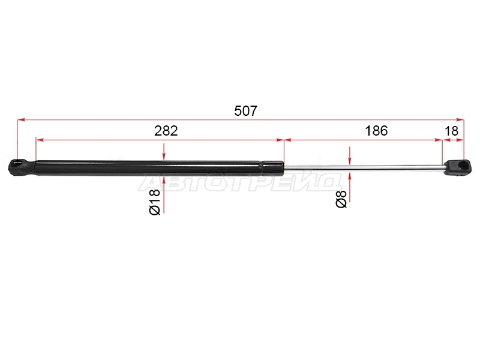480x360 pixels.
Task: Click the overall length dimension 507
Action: (x=246, y=111)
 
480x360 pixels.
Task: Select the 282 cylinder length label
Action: (x=166, y=131)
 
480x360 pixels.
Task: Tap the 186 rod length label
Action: (x=376, y=131)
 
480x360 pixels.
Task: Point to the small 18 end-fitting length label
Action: (x=451, y=131)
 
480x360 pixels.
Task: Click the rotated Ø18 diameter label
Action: (x=155, y=202)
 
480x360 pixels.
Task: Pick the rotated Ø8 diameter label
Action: (x=341, y=199)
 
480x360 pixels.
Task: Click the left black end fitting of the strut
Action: (x=21, y=167)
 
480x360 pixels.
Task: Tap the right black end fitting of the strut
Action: (x=458, y=168)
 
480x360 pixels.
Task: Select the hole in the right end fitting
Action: (x=464, y=166)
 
